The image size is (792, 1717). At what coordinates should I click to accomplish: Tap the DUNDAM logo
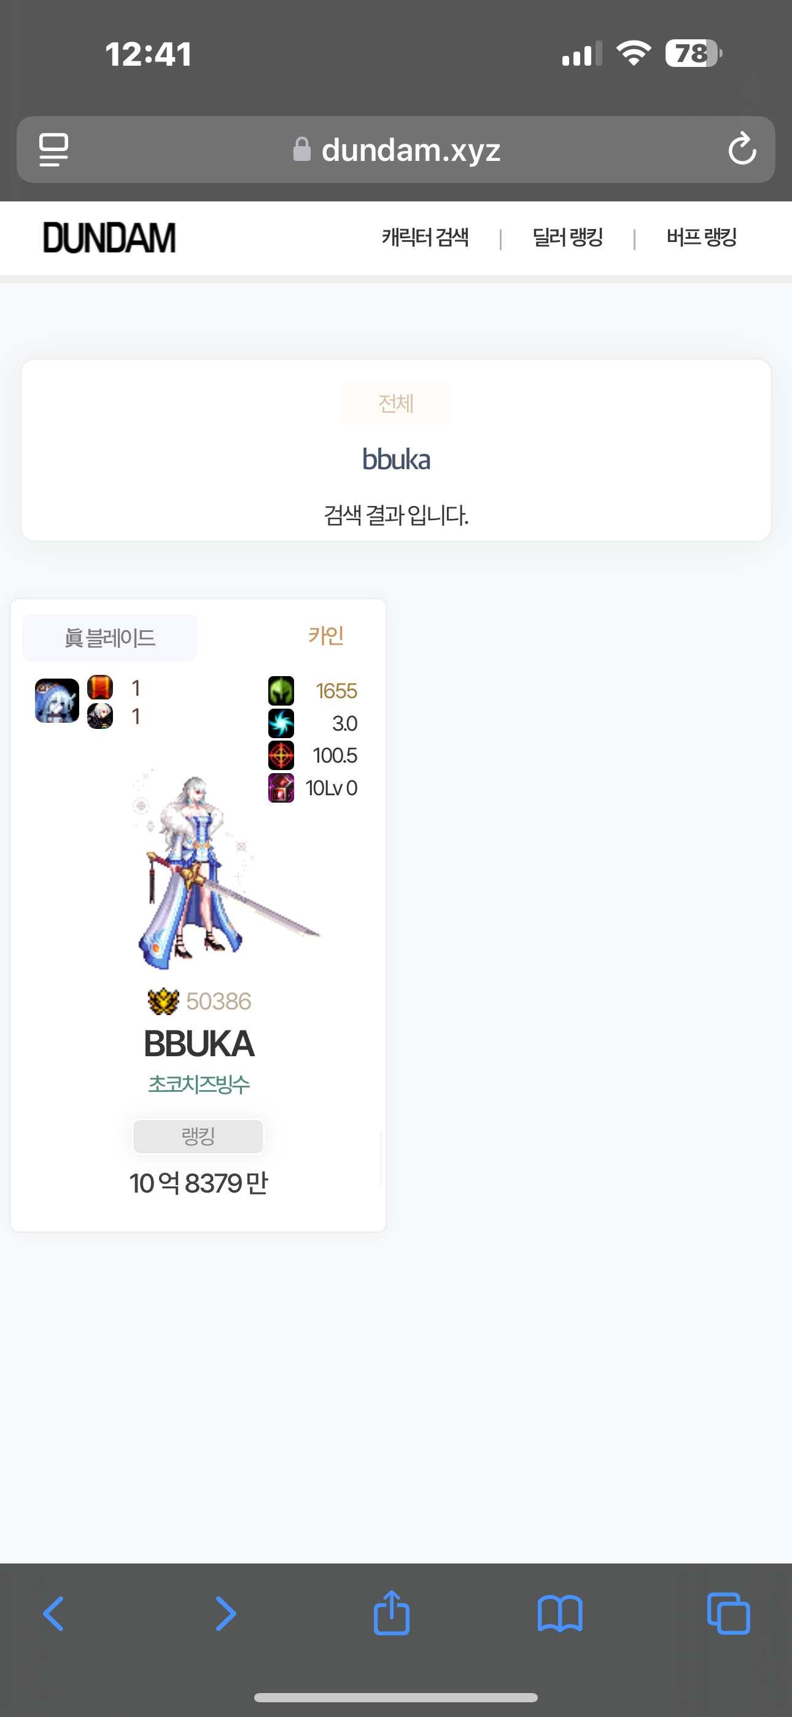click(x=109, y=238)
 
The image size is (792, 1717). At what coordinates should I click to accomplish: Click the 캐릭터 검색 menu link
click(x=425, y=237)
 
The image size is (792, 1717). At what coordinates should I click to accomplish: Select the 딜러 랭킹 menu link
click(x=567, y=237)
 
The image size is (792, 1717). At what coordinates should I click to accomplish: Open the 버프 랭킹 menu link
click(x=701, y=237)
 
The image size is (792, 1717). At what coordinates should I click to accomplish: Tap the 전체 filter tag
click(x=396, y=403)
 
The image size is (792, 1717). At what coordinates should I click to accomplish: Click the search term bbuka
click(x=396, y=460)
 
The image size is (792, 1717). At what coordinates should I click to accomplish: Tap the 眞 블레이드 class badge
click(x=110, y=638)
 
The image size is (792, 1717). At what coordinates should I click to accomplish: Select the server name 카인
click(x=326, y=635)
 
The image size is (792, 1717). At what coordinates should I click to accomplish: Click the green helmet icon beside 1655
click(x=281, y=690)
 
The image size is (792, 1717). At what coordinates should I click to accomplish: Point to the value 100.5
click(x=335, y=756)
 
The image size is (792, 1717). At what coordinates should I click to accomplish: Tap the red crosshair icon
click(x=281, y=756)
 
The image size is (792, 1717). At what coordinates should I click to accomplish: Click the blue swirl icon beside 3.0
click(x=281, y=723)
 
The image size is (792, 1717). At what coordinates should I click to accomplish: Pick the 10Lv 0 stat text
click(x=332, y=788)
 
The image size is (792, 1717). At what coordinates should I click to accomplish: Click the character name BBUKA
click(x=199, y=1044)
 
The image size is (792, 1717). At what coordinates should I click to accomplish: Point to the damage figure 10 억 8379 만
click(x=199, y=1184)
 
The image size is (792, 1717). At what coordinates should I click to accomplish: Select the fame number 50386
click(x=219, y=1001)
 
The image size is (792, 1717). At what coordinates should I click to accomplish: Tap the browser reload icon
click(x=741, y=149)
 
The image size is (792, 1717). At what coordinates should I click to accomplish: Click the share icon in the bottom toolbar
click(x=391, y=1613)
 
